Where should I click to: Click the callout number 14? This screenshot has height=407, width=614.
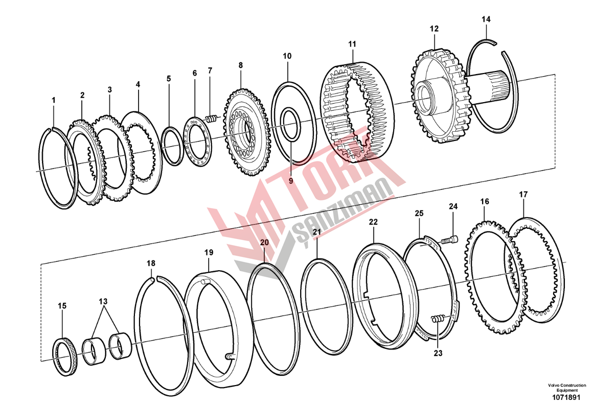point(486,19)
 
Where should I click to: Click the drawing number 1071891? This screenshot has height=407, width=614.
point(566,397)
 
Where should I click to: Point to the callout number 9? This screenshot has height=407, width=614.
point(291,181)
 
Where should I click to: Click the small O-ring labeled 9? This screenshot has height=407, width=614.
point(291,124)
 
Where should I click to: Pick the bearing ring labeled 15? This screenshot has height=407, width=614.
point(65,357)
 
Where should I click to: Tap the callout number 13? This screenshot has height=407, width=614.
point(103,301)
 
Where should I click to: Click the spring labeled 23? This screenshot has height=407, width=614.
point(438,319)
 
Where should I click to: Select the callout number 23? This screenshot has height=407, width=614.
point(438,353)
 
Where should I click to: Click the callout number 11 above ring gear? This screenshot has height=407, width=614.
point(352,44)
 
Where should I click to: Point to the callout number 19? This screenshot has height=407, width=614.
point(209,252)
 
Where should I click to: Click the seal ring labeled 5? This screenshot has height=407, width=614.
point(172,146)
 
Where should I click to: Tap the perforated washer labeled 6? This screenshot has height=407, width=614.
point(197,141)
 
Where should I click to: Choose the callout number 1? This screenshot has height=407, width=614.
point(54,100)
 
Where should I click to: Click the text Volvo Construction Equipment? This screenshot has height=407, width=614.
point(567,388)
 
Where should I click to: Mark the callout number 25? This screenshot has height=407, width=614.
point(419,213)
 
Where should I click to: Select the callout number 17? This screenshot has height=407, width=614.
point(523,195)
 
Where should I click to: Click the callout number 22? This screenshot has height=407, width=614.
point(373,222)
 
